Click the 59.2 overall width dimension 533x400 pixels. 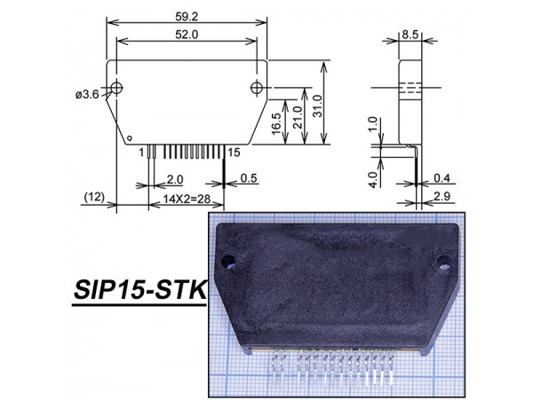click(187, 17)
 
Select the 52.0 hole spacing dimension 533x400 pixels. click(187, 35)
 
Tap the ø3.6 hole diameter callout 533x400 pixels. click(87, 94)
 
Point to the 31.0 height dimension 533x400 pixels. click(317, 106)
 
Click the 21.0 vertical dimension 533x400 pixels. click(298, 117)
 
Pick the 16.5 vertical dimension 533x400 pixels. click(276, 122)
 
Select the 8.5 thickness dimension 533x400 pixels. click(410, 35)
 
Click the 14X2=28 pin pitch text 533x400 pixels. click(187, 199)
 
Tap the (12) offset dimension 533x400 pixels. click(94, 197)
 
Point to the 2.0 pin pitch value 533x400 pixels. click(175, 179)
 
